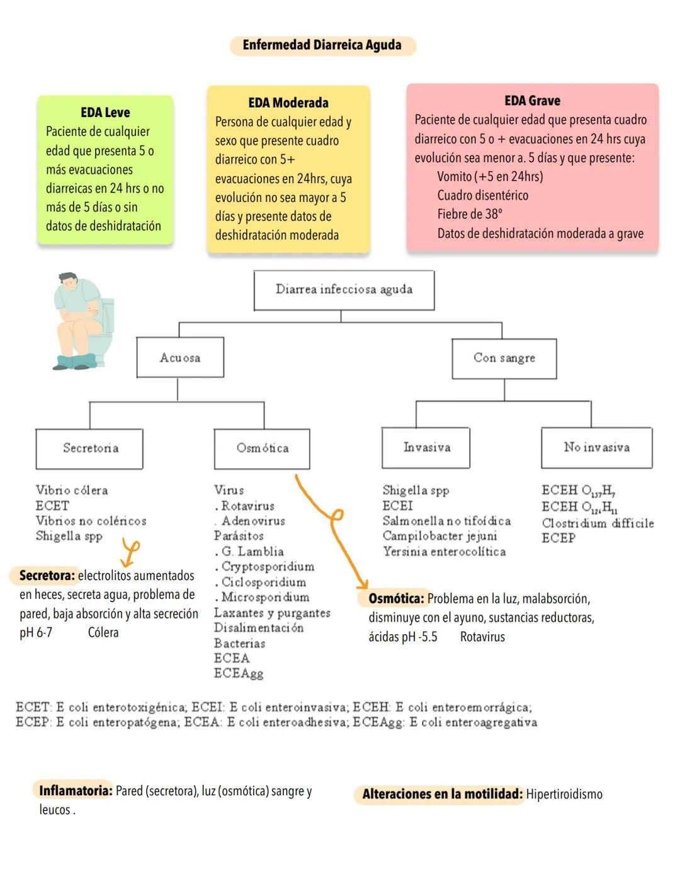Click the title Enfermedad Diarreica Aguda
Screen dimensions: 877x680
[x=322, y=45]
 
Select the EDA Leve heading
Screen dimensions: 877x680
[x=105, y=113]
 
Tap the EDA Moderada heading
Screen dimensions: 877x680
[x=288, y=103]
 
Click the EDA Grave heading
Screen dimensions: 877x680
[x=532, y=101]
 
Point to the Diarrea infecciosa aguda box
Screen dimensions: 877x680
[x=344, y=290]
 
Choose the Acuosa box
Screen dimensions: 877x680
[x=180, y=357]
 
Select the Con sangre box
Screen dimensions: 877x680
[x=504, y=358]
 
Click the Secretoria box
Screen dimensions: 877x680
[x=90, y=449]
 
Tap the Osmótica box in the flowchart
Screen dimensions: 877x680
[x=262, y=449]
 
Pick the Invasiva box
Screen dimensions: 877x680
[x=426, y=447]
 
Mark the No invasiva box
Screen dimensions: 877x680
[x=596, y=447]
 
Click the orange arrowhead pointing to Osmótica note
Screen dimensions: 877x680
[x=362, y=584]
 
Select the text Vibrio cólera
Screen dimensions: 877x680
[x=72, y=490]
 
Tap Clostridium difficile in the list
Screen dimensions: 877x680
[x=598, y=523]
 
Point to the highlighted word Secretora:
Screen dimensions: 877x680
[x=47, y=576]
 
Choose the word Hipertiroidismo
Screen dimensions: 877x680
[x=564, y=795]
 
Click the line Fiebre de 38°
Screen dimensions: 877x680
[x=470, y=215]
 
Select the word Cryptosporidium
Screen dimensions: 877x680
[x=268, y=567]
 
